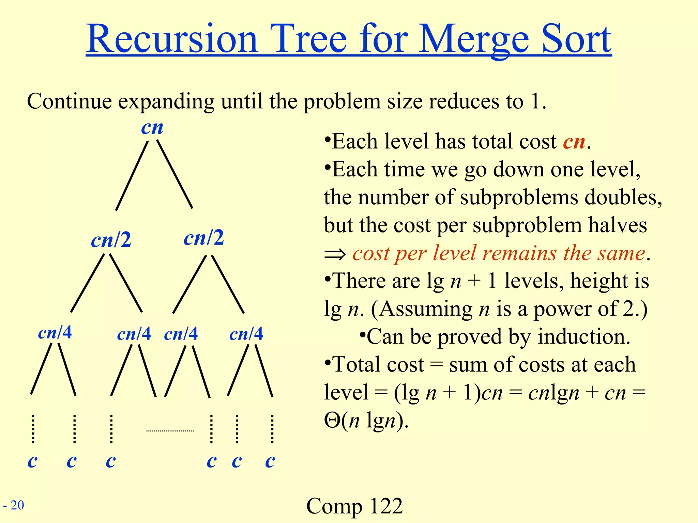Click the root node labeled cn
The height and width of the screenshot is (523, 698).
[152, 128]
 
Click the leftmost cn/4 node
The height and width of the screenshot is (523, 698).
[55, 332]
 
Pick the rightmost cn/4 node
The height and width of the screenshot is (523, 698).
[246, 334]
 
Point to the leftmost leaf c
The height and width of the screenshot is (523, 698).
[32, 461]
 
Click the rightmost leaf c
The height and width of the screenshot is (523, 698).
[270, 461]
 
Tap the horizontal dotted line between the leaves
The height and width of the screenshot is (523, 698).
[170, 431]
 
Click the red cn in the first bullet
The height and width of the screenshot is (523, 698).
[574, 141]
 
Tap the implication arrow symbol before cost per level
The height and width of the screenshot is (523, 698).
[335, 254]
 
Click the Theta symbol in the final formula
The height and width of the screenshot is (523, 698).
[332, 421]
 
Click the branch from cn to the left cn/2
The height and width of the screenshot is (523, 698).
[132, 175]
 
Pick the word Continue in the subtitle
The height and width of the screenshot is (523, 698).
[69, 101]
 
